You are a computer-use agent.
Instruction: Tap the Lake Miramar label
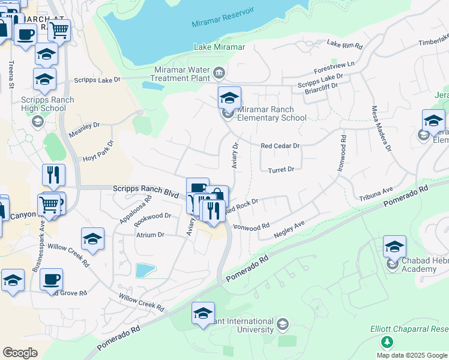pyautogui.click(x=220, y=47)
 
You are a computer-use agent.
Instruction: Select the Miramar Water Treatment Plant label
pyautogui.click(x=182, y=74)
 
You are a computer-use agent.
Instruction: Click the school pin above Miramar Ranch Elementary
pyautogui.click(x=229, y=98)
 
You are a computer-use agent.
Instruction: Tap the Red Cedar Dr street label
pyautogui.click(x=280, y=146)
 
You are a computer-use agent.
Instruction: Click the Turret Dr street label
pyautogui.click(x=281, y=170)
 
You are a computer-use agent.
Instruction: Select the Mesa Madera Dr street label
pyautogui.click(x=379, y=128)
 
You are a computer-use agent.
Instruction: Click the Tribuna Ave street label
pyautogui.click(x=376, y=193)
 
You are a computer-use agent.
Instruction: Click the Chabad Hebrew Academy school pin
pyautogui.click(x=394, y=247)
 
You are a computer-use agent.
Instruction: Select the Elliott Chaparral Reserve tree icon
pyautogui.click(x=387, y=342)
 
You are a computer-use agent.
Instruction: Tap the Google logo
pyautogui.click(x=20, y=353)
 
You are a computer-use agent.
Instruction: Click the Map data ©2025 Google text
pyautogui.click(x=411, y=355)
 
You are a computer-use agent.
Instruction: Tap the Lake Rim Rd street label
pyautogui.click(x=345, y=44)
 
